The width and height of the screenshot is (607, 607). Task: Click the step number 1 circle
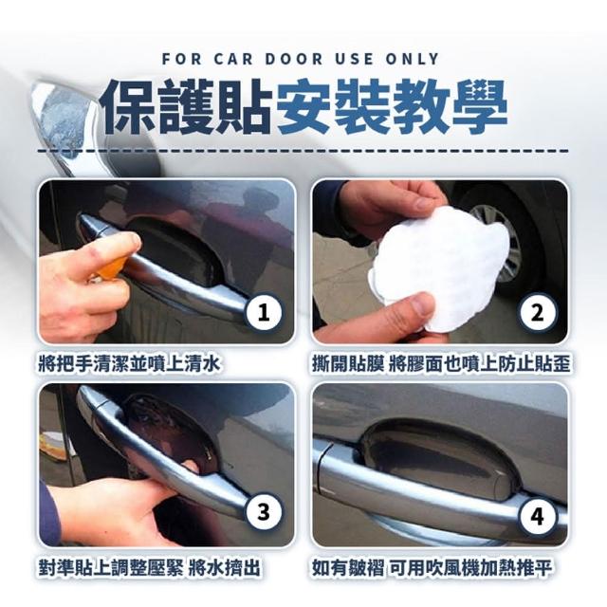(x=264, y=312)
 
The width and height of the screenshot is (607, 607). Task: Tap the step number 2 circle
(x=538, y=312)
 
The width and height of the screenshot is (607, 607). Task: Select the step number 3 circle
(x=264, y=512)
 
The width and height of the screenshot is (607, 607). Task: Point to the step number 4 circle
(x=538, y=516)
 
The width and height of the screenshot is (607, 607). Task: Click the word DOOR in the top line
(x=294, y=59)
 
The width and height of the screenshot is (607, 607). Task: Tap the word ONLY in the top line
(x=412, y=59)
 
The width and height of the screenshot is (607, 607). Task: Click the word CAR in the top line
(x=233, y=59)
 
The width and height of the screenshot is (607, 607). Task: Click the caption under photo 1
(x=129, y=364)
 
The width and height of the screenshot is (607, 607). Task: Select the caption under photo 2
(x=441, y=364)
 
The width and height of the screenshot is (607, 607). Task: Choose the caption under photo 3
(x=149, y=568)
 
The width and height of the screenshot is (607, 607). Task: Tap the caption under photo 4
(x=432, y=568)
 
